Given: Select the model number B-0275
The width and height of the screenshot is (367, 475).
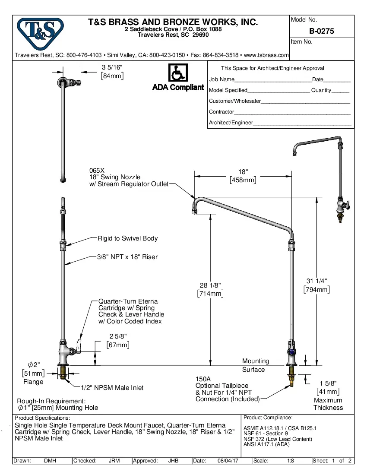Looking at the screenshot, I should click(x=321, y=31).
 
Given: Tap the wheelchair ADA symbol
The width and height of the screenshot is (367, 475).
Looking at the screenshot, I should click(x=177, y=73).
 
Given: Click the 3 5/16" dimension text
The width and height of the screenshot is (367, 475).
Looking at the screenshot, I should click(x=112, y=67).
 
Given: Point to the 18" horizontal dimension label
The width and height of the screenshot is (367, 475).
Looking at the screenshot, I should click(x=243, y=172).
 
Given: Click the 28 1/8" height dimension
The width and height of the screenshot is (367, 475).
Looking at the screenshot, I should click(x=210, y=285).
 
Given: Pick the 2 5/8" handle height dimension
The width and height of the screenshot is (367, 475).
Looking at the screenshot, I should click(x=118, y=336).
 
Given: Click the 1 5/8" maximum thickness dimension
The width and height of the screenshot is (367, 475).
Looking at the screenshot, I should click(x=328, y=383).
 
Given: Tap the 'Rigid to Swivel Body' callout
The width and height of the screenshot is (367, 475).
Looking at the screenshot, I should click(x=127, y=238).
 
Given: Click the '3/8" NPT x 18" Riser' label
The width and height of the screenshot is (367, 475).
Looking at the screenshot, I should click(x=127, y=257).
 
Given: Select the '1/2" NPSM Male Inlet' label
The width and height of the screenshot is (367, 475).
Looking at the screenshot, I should click(x=113, y=388).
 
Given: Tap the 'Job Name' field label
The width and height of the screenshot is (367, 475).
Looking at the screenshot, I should click(x=221, y=79).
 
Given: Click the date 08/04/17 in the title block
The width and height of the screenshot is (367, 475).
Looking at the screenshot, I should click(x=228, y=461).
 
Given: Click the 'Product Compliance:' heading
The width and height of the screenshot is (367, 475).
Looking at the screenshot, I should click(x=268, y=418).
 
